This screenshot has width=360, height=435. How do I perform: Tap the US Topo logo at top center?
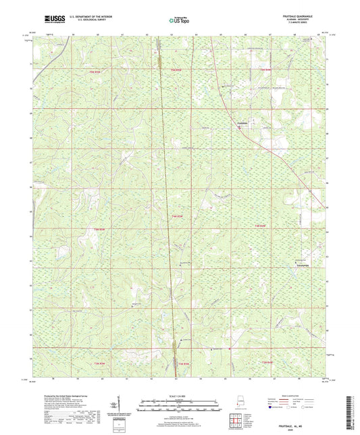(178, 21)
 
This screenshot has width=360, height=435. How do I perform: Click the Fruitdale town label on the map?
(243, 124)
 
